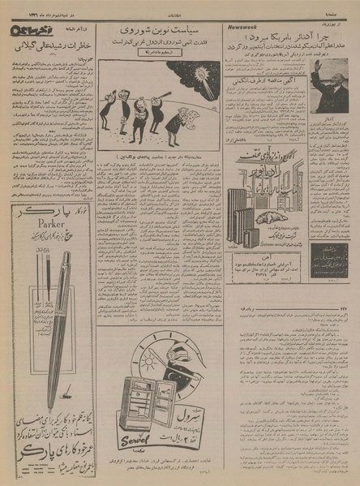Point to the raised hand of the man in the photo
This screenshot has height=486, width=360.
tap(319, 66)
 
